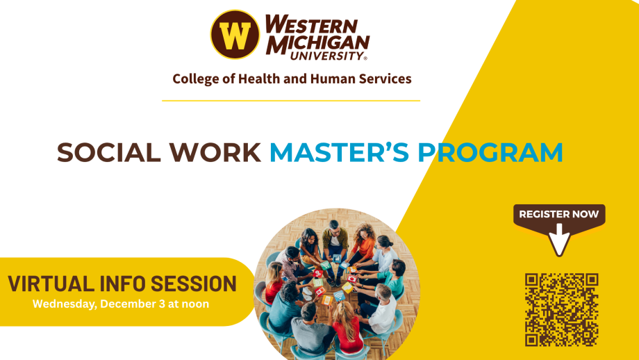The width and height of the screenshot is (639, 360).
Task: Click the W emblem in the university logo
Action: click(235, 35)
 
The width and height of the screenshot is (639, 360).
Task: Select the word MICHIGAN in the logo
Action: click(317, 42)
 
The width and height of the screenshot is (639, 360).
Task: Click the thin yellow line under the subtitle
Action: click(291, 101)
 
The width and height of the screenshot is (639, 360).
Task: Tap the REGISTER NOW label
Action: click(559, 214)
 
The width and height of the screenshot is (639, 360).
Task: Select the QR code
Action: click(562, 309)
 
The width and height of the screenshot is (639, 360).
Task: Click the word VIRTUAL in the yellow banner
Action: click(51, 284)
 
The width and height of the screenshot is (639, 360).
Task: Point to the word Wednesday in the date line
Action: click(64, 304)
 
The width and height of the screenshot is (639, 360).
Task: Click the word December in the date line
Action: click(128, 304)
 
